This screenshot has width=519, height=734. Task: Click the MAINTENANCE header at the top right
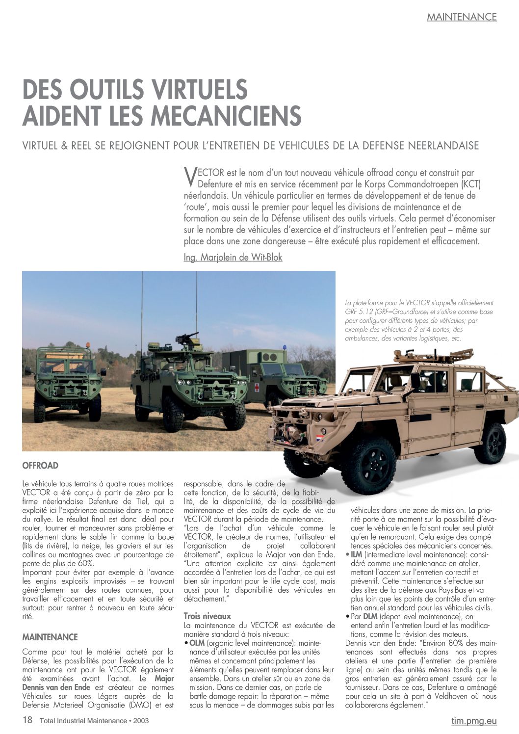[462, 17]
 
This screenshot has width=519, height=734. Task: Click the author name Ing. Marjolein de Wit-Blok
[233, 257]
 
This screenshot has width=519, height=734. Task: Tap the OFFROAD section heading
[40, 466]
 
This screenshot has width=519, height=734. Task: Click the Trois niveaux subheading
[207, 616]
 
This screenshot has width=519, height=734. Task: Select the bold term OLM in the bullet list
[197, 643]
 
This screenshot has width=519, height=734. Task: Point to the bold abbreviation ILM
[357, 554]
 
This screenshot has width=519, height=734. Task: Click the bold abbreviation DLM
[370, 617]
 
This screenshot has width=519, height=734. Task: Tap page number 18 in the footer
[27, 720]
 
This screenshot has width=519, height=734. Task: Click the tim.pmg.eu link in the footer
[473, 721]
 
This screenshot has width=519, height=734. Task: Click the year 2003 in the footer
[140, 721]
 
